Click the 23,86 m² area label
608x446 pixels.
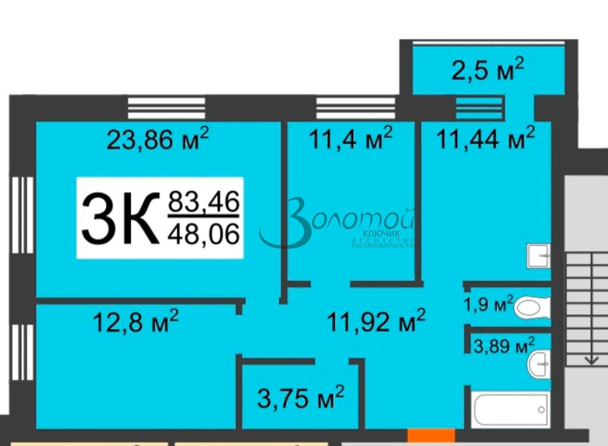pyautogui.click(x=157, y=141)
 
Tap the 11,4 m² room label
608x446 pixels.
pyautogui.click(x=350, y=141)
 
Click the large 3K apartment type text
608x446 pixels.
pyautogui.click(x=121, y=218)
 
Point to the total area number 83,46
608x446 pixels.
pyautogui.click(x=204, y=203)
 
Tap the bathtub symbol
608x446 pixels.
pyautogui.click(x=511, y=409)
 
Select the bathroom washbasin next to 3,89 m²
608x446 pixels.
pyautogui.click(x=538, y=363)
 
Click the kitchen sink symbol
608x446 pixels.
pyautogui.click(x=538, y=256)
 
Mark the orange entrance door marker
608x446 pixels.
pyautogui.click(x=431, y=435)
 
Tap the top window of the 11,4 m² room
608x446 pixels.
pyautogui.click(x=355, y=109)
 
